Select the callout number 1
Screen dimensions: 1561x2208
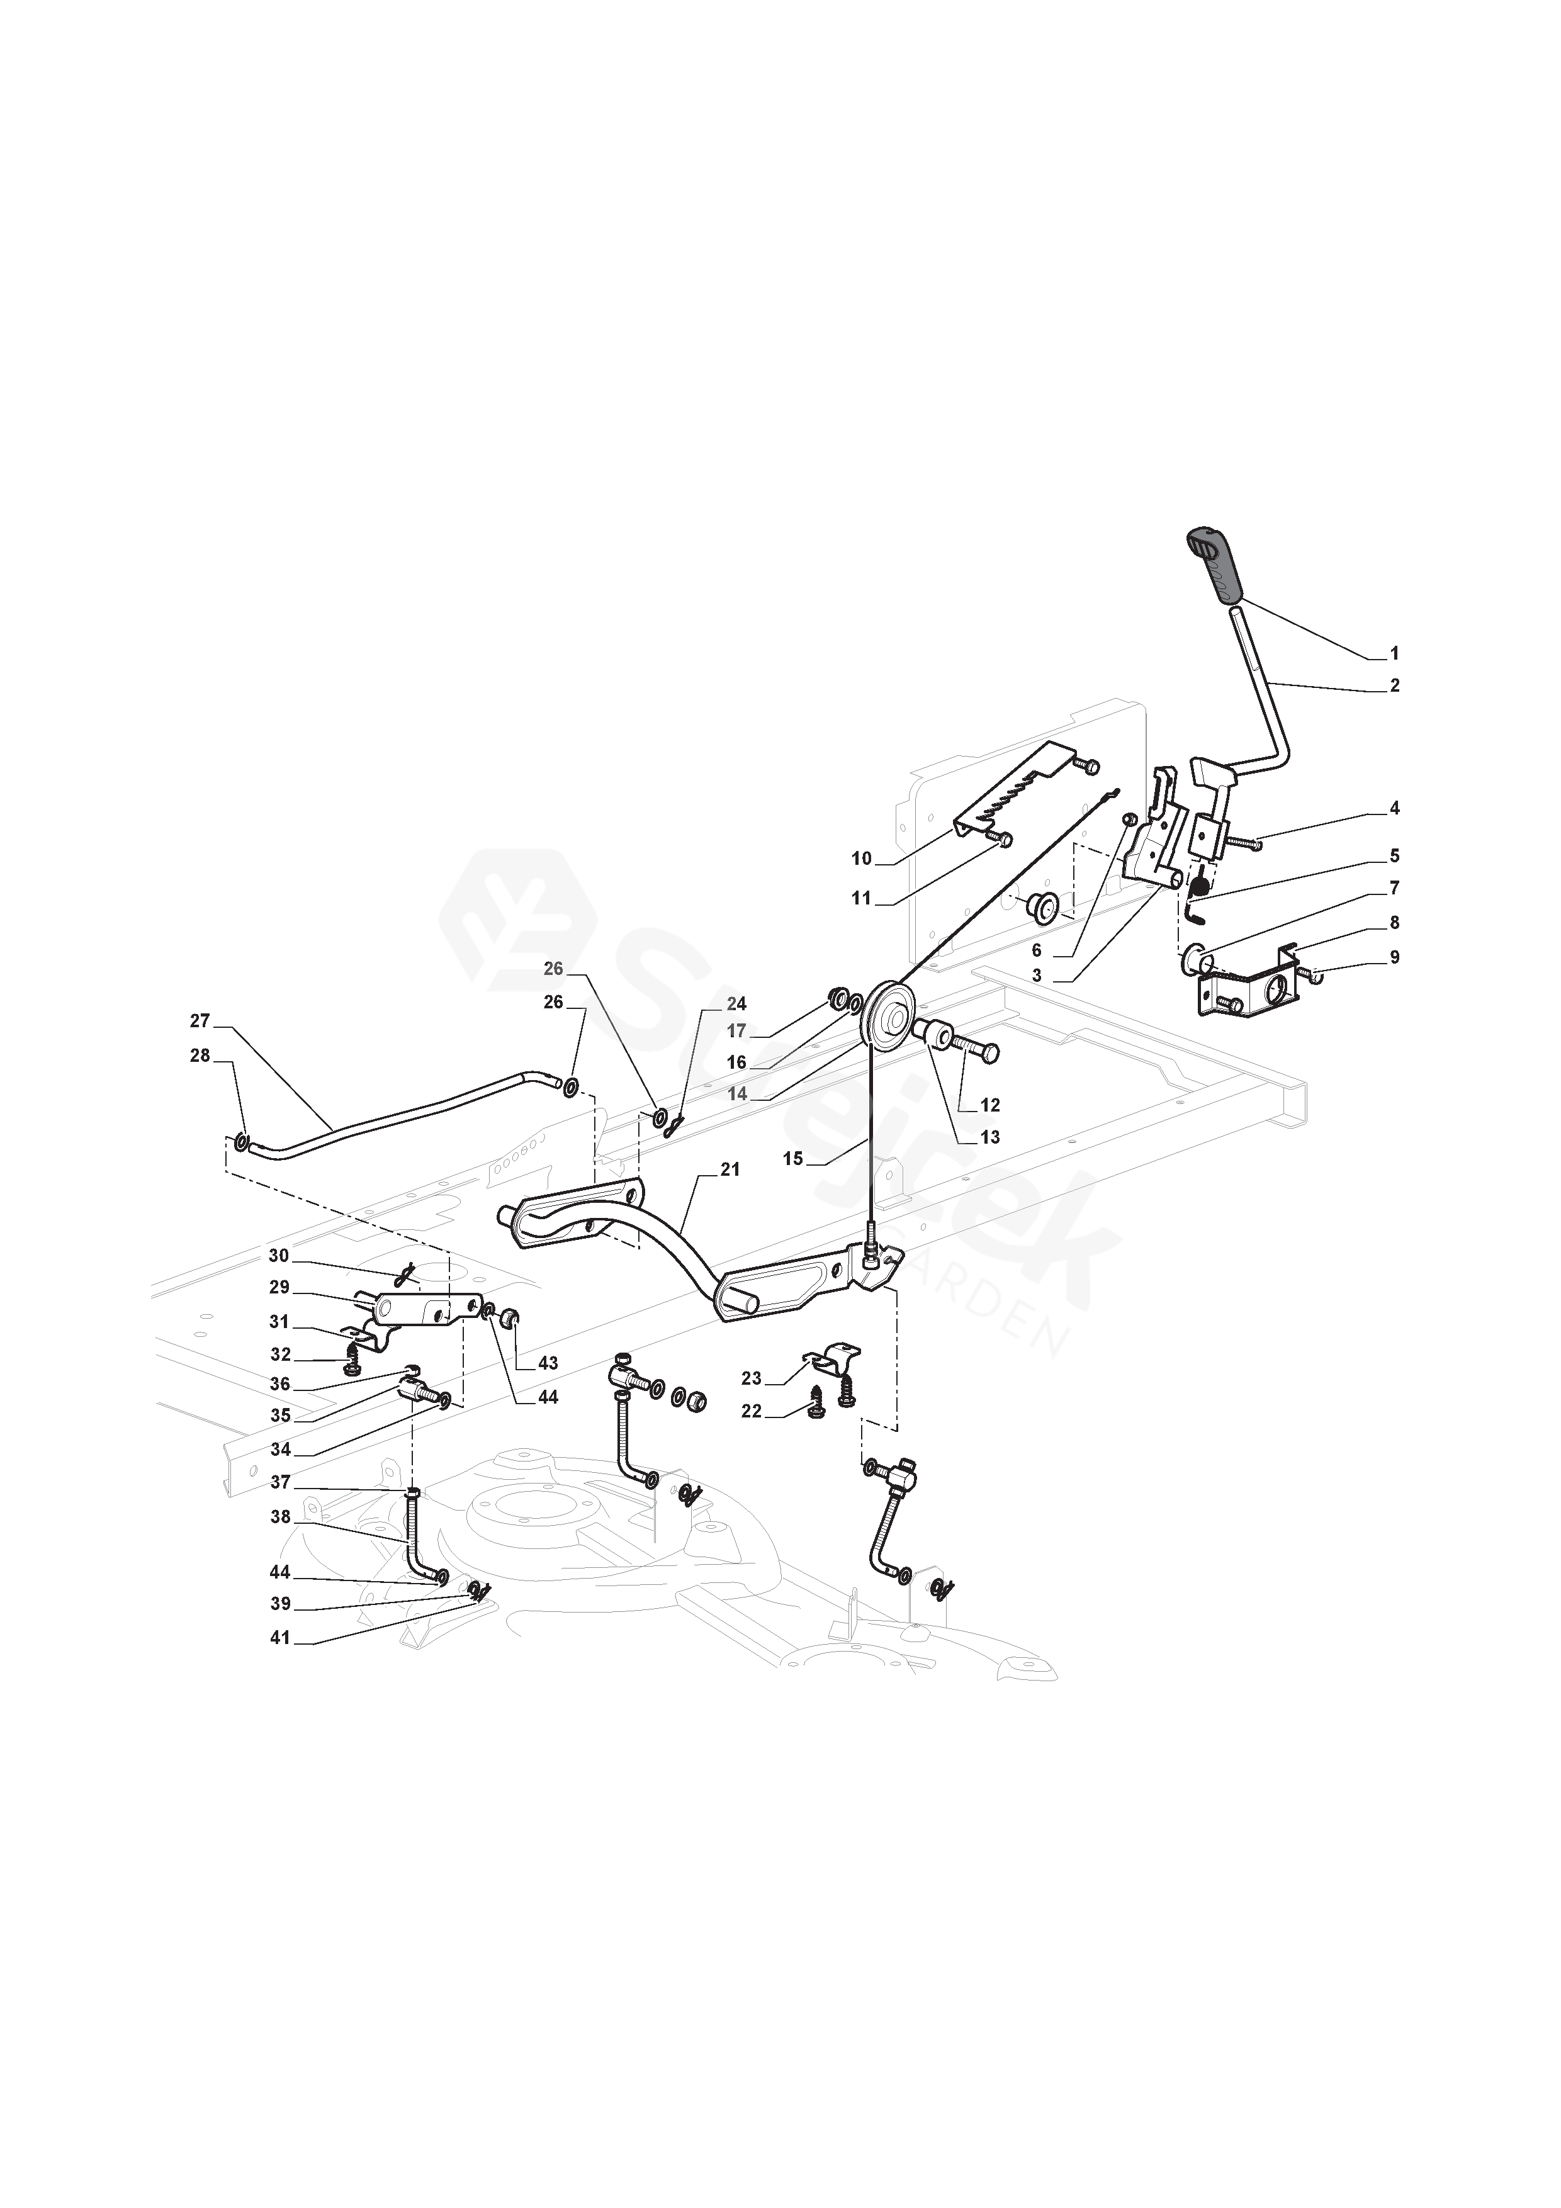pyautogui.click(x=1395, y=654)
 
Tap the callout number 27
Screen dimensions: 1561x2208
pyautogui.click(x=199, y=1022)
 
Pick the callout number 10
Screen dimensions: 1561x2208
pyautogui.click(x=861, y=859)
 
